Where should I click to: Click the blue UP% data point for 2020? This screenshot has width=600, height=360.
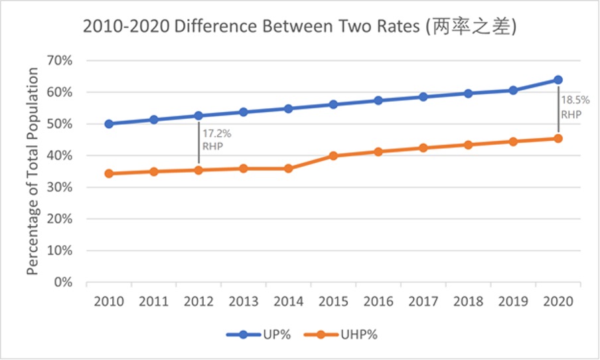tap(558, 80)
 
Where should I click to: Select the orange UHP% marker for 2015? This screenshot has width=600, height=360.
tap(333, 156)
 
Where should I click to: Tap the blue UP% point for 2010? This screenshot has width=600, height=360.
tap(109, 124)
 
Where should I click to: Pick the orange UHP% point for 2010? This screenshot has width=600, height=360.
tap(109, 173)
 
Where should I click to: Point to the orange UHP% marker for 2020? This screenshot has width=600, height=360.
tap(558, 138)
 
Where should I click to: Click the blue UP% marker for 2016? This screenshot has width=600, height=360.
tap(378, 100)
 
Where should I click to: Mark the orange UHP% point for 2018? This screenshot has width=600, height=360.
tap(469, 145)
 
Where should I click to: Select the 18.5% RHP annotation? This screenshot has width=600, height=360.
tap(575, 107)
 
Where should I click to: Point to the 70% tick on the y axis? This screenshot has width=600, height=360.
tap(60, 60)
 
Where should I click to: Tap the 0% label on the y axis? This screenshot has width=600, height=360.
tap(63, 282)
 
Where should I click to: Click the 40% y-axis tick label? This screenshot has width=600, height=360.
tap(60, 155)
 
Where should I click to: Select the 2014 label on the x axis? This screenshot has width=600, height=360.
tap(288, 301)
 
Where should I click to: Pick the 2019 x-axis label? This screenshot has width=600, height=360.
tap(513, 301)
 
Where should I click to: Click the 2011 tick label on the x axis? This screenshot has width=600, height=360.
tap(153, 301)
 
